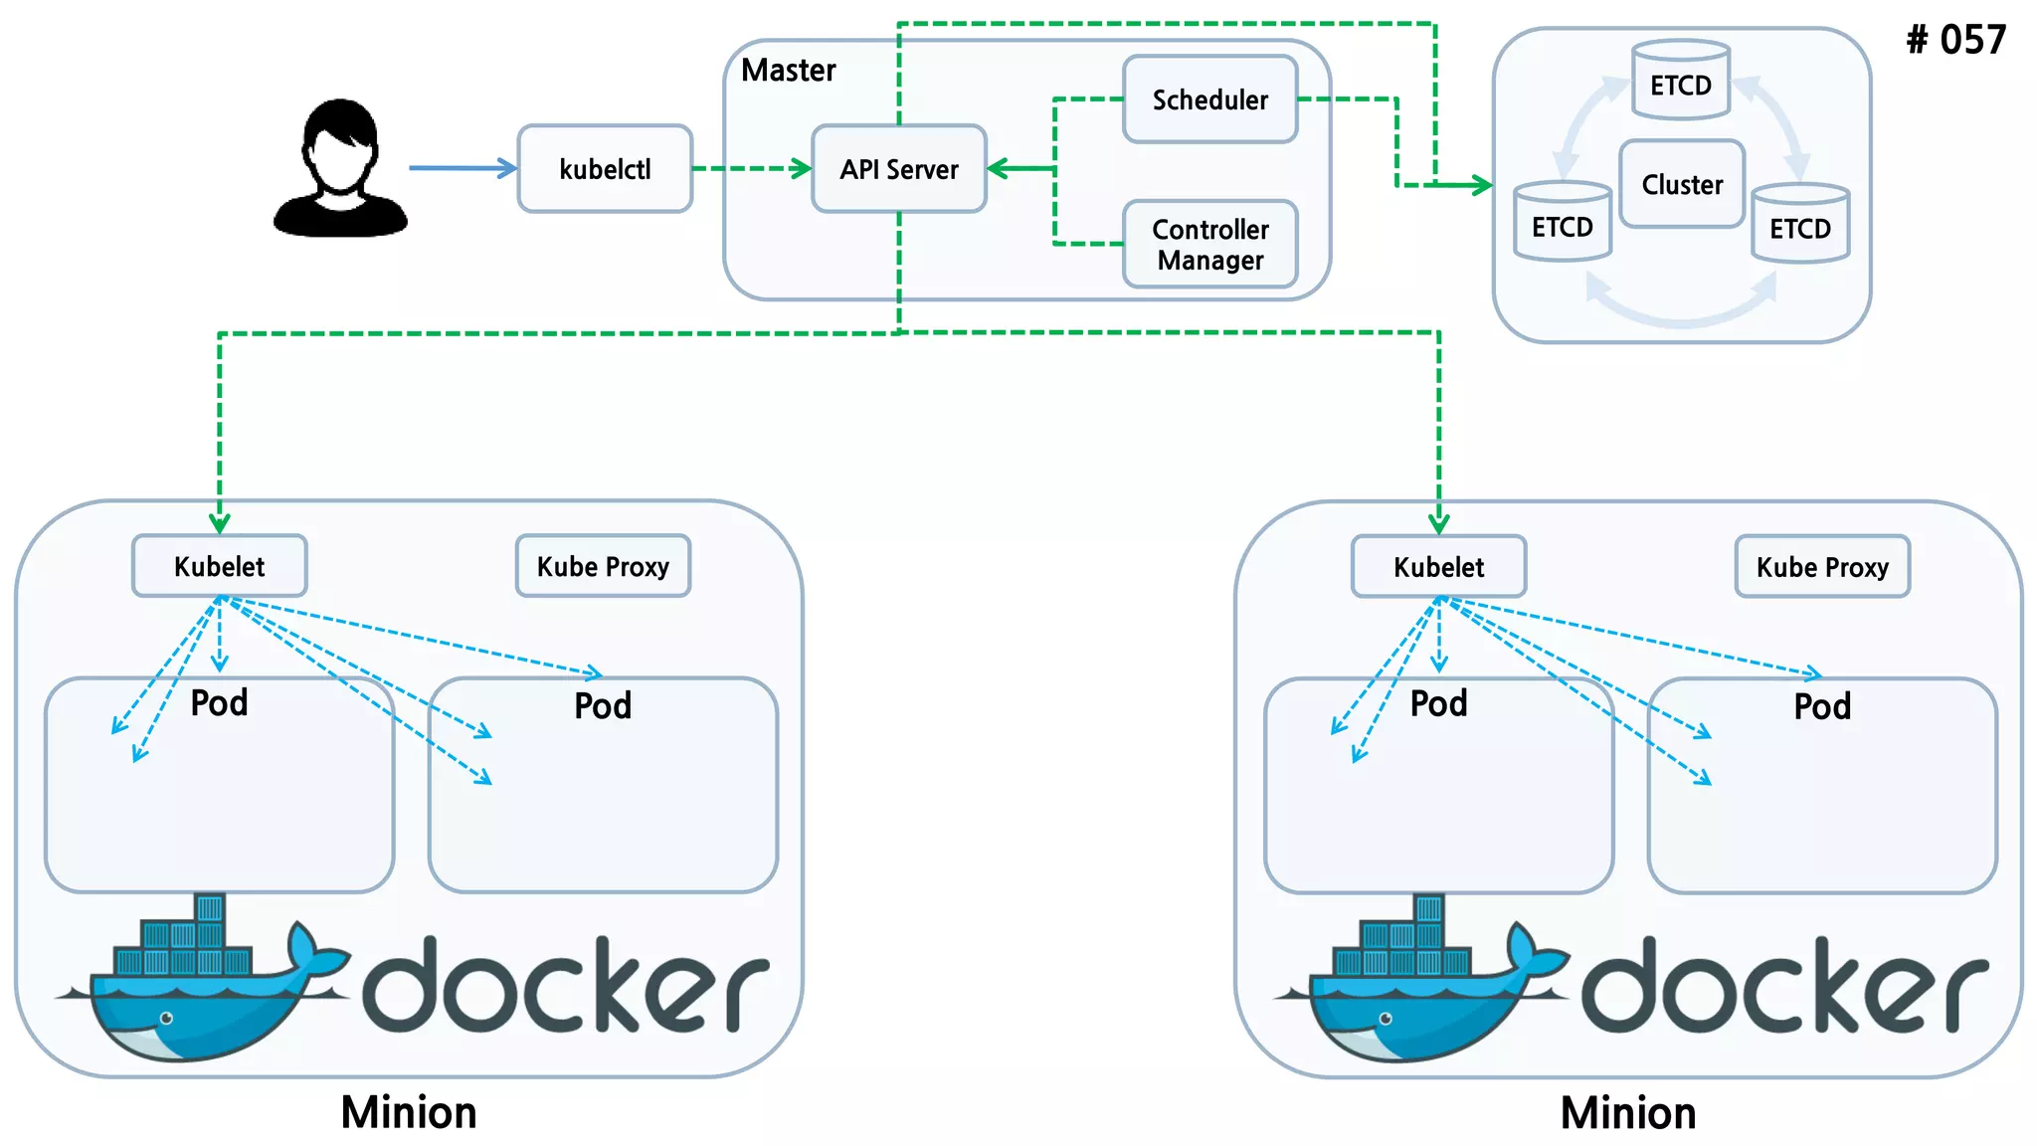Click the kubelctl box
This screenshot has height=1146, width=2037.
pos(605,169)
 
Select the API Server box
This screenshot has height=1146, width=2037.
pos(898,169)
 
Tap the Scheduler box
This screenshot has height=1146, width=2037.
pos(1209,99)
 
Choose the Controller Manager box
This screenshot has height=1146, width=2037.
pos(1209,245)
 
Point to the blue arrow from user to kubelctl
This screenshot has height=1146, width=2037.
pos(463,168)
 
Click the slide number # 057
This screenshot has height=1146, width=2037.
pos(1955,40)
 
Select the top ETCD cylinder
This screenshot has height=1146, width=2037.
pos(1681,82)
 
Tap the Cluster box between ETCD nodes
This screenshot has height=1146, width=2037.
pos(1682,184)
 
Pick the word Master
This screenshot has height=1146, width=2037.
pos(788,70)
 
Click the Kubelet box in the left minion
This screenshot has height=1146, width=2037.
pos(220,566)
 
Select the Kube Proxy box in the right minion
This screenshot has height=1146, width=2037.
pos(1822,567)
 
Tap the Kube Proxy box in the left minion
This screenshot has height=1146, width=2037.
pos(603,566)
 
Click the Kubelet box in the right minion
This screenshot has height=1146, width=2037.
pos(1438,567)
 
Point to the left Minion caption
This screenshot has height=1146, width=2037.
pos(409,1112)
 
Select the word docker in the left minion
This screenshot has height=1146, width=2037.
pos(565,985)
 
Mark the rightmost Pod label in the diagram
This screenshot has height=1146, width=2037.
pos(1822,706)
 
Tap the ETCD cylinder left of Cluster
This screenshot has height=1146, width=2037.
pos(1562,224)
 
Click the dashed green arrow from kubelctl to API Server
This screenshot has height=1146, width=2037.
pos(752,168)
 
